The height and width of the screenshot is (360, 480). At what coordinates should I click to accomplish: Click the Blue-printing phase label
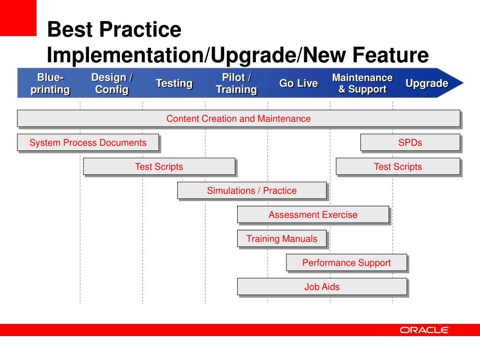(x=50, y=83)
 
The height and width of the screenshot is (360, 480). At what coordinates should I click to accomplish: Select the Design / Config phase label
(x=112, y=83)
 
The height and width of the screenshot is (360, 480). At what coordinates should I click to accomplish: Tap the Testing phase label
(x=174, y=83)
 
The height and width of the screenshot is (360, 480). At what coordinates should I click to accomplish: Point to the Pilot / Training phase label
(x=236, y=83)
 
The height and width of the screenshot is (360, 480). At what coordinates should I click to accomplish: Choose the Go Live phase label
(x=299, y=83)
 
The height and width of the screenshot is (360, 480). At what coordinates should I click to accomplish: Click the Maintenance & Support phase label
(x=362, y=83)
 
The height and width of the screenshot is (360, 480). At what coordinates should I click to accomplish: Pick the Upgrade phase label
(x=427, y=83)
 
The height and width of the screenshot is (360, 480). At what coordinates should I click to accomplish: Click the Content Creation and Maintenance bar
(x=239, y=119)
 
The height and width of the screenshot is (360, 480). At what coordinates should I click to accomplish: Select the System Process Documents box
(x=88, y=142)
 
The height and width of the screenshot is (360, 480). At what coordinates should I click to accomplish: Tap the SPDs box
(x=410, y=142)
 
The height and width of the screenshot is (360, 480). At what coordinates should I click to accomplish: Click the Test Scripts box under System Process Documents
(x=159, y=166)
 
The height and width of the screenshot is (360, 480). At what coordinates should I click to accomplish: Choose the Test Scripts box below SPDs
(x=398, y=166)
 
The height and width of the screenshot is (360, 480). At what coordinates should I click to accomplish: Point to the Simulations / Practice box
(x=252, y=190)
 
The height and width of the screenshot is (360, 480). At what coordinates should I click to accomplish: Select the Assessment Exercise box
(x=313, y=215)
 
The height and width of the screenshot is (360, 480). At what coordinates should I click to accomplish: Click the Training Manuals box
(x=282, y=239)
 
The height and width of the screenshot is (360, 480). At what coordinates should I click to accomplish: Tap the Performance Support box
(x=346, y=262)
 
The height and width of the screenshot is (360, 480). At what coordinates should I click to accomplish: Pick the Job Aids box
(x=322, y=286)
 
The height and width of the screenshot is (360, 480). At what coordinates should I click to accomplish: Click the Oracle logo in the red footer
(x=424, y=330)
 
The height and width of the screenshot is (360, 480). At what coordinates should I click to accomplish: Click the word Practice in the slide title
(x=140, y=30)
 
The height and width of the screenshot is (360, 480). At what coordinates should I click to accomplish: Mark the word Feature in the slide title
(x=390, y=55)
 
